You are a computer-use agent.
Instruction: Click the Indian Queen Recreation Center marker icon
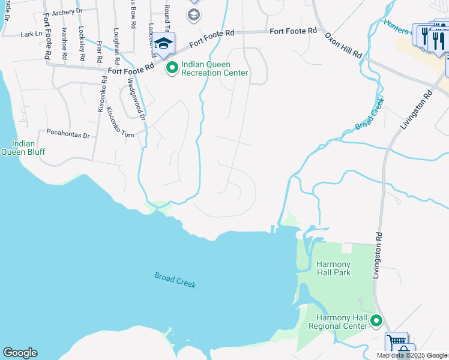coord(172,68)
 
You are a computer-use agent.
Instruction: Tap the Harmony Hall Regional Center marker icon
coord(376,321)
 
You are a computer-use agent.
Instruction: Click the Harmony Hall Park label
coord(334,268)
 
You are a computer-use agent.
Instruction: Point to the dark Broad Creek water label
coord(175,280)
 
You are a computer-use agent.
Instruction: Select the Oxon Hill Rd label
coord(344,46)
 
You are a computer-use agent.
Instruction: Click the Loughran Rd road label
coord(115,44)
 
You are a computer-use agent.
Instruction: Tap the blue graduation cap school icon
coord(163,43)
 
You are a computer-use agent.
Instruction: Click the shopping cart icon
coord(396,343)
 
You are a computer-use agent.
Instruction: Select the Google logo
coord(20,353)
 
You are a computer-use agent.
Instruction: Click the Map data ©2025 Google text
coord(412,355)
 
